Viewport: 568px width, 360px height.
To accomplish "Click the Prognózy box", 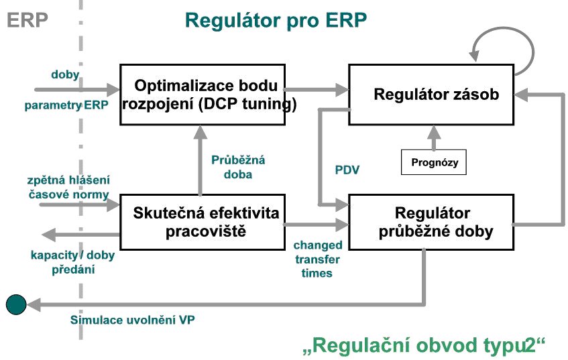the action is tap(434, 162).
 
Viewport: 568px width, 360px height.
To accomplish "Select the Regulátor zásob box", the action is tap(431, 95).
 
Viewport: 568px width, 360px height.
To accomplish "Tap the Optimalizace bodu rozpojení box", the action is tap(203, 95).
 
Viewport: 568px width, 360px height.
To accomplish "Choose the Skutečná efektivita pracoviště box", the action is tap(203, 222).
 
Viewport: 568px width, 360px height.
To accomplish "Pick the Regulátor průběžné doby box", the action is tap(431, 222).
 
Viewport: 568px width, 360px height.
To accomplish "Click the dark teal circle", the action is tap(16, 304).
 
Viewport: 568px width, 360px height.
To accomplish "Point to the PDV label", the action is tap(347, 170).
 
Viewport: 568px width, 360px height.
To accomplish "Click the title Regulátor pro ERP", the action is tap(276, 20).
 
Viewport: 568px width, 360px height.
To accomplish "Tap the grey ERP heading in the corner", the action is tap(27, 20).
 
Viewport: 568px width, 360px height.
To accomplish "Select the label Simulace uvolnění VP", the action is tap(132, 320).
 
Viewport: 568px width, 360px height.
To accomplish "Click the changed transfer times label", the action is tap(317, 259).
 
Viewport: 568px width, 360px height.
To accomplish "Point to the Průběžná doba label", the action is tap(238, 167).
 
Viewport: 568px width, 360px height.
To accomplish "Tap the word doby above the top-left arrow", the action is tap(65, 74).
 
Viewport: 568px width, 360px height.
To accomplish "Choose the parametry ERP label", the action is tap(66, 105).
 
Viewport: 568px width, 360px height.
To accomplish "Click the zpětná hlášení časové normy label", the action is tap(68, 187).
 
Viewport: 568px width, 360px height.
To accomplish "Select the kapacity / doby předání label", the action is tap(72, 262).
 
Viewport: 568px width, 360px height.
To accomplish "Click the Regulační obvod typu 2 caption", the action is tap(424, 345).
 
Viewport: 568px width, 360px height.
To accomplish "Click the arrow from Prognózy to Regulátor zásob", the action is tap(434, 137).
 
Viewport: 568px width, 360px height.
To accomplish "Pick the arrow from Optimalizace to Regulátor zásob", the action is tap(317, 89).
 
